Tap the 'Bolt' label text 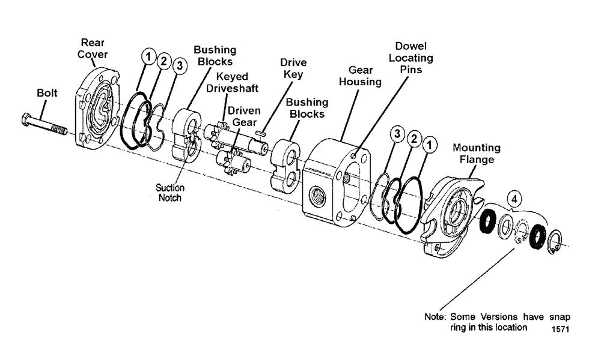[x=47, y=93]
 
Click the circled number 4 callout [x=514, y=198]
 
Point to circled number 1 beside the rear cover [x=147, y=56]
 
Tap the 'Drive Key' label [x=293, y=68]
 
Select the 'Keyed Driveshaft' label [x=233, y=82]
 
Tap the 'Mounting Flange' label [x=476, y=154]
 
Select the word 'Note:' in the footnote [x=435, y=317]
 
